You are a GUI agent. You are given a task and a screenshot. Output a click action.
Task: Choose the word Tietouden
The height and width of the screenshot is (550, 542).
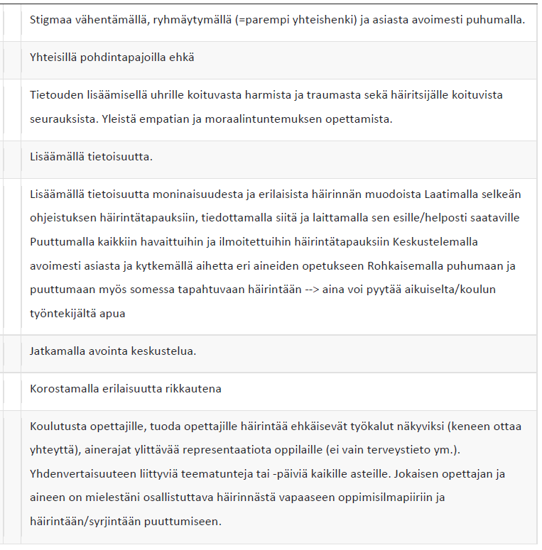tap(56, 95)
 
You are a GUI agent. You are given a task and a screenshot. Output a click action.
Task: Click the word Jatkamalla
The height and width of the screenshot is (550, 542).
tap(57, 351)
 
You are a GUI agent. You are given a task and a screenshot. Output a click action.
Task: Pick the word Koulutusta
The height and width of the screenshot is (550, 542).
tap(58, 427)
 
